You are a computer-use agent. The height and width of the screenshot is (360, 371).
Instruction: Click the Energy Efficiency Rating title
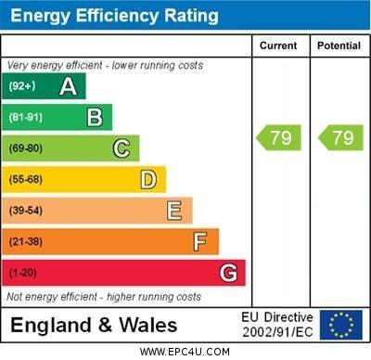click(114, 16)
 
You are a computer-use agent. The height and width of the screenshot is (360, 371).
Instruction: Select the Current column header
click(278, 45)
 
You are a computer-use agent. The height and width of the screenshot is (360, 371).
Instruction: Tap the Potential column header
click(339, 45)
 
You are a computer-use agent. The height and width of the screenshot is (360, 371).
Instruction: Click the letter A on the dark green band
click(68, 86)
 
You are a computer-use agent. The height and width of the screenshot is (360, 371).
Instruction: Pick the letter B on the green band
click(95, 117)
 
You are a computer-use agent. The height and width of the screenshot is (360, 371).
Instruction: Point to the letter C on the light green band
click(122, 148)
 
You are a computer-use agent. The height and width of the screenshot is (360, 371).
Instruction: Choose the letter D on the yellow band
click(148, 179)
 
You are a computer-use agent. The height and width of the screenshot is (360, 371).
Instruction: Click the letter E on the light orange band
click(174, 211)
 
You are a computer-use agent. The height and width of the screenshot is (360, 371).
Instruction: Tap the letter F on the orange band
click(200, 242)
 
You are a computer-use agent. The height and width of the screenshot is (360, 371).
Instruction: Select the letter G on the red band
click(228, 274)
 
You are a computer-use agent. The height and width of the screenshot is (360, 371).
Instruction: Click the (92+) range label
click(22, 86)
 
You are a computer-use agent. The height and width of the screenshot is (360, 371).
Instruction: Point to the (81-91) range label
click(25, 117)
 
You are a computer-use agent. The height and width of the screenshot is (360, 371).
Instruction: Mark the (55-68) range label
click(25, 179)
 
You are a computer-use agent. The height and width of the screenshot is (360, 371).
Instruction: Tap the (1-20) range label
click(23, 274)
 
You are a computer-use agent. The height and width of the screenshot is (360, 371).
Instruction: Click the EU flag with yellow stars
click(340, 324)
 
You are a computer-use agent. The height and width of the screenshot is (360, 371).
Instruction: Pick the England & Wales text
click(94, 325)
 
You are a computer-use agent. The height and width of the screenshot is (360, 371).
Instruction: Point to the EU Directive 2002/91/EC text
click(277, 324)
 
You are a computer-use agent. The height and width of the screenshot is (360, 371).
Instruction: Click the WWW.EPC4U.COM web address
click(185, 352)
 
